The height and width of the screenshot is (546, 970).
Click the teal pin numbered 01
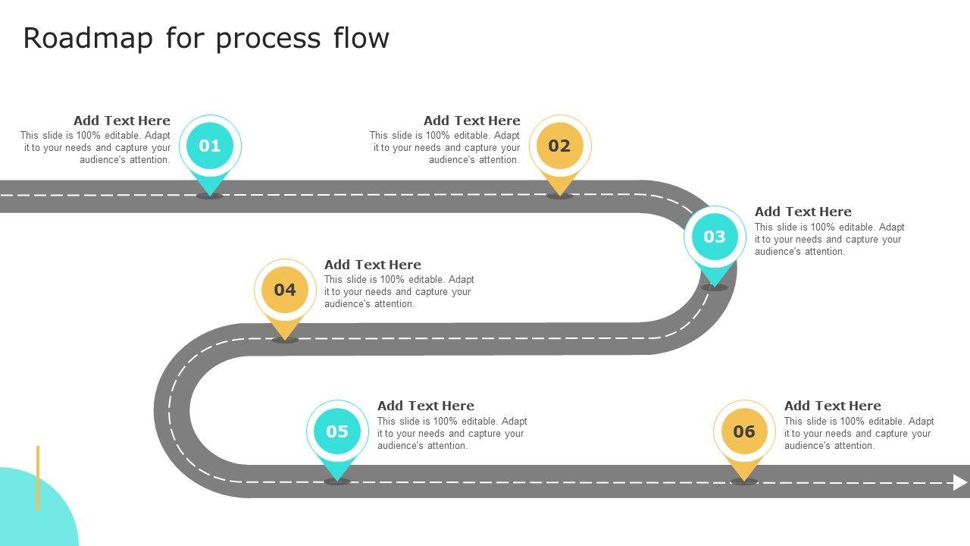coord(210,146)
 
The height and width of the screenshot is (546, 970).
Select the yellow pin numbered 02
coord(559,146)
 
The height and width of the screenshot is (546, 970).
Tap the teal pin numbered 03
coord(715,237)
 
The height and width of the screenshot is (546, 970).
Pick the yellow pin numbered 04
coord(285,290)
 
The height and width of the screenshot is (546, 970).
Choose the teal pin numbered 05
coord(337,432)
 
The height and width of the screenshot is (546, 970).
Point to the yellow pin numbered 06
coord(744,432)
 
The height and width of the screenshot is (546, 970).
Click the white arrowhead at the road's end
coord(960,482)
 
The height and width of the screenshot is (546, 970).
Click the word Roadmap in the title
coord(88,38)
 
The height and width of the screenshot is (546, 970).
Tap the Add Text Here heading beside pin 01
coord(122,121)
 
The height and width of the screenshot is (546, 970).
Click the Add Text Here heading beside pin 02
coord(472,121)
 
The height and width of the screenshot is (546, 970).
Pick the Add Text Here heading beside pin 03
coord(803,212)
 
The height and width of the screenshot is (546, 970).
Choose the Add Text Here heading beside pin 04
coord(373,265)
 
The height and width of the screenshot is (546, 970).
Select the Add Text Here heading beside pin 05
coord(426,406)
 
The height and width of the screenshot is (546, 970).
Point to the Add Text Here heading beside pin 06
coord(833,406)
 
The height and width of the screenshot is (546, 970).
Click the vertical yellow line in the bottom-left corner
coord(38,478)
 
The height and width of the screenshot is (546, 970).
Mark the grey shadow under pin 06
coord(744,482)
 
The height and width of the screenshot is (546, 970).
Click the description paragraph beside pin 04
coord(399,292)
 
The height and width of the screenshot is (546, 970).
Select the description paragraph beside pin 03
coord(829,239)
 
